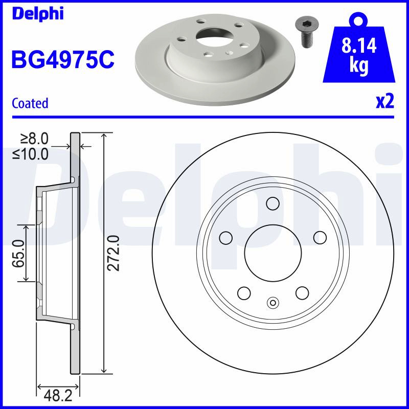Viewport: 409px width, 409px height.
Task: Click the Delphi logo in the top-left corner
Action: point(38,14)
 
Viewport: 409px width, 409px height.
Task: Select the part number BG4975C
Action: point(63,59)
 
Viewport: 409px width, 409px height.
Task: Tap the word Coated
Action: point(30,103)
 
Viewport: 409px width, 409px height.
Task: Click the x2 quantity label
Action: point(385,101)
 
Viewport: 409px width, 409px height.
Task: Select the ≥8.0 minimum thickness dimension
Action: point(34,139)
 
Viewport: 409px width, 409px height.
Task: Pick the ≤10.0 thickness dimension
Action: point(30,154)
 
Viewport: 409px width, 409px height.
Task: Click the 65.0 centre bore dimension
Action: point(18,253)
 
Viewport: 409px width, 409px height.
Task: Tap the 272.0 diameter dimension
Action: point(113,253)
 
